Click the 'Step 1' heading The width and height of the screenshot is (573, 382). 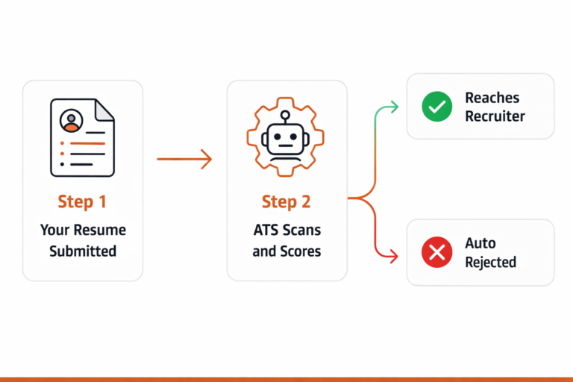coord(82,201)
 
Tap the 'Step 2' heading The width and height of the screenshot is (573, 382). coord(286,201)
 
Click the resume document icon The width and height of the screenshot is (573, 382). coord(82,137)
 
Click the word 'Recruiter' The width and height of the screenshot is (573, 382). coord(495,116)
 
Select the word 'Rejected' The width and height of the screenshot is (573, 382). coord(490,263)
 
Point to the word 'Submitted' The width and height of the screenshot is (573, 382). coord(83,251)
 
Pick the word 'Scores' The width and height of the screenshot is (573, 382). coord(301,251)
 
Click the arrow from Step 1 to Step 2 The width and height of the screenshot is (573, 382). coord(184,159)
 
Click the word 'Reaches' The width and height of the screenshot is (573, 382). coord(492,98)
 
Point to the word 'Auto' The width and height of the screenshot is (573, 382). coord(480,243)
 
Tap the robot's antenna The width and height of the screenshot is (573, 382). coord(286,116)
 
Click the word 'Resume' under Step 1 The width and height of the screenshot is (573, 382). coord(103,230)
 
